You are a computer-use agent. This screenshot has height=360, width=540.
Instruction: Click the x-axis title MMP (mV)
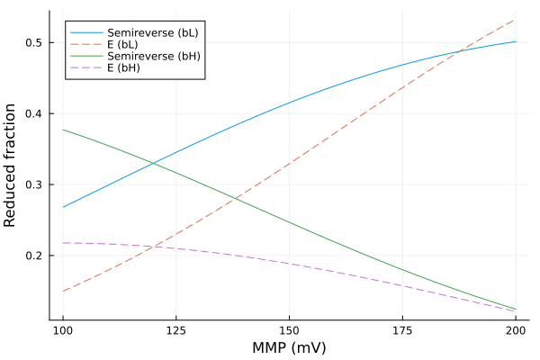(x=289, y=347)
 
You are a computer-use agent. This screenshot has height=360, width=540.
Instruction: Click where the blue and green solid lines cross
(x=153, y=163)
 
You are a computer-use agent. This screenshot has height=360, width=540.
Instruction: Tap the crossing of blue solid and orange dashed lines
(x=457, y=51)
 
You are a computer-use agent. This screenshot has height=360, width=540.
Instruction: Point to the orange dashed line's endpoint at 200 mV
(x=515, y=20)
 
